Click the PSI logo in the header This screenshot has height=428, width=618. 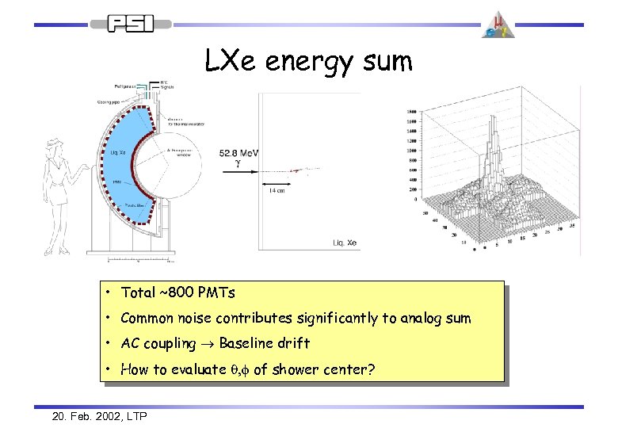click(131, 25)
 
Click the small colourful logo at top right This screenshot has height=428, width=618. click(498, 24)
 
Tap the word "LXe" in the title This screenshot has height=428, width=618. click(233, 60)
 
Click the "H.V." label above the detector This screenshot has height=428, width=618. click(164, 81)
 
